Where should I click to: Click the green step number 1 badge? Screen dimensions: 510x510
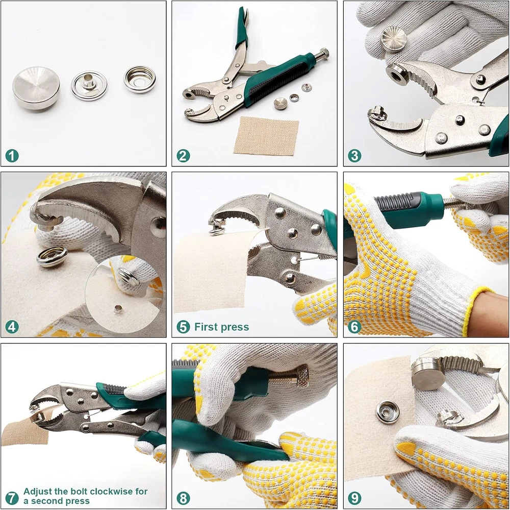(12, 156)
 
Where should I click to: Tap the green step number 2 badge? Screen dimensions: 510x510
(183, 156)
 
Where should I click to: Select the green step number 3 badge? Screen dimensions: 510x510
(354, 156)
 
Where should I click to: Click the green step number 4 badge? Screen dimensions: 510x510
(12, 327)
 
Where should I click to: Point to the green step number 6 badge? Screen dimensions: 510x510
(354, 327)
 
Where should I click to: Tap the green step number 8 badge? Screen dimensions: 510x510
(183, 498)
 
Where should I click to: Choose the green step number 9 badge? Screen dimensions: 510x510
(354, 498)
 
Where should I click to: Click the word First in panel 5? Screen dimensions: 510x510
(206, 327)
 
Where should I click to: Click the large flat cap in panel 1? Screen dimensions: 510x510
(36, 88)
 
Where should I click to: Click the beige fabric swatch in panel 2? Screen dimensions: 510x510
(266, 135)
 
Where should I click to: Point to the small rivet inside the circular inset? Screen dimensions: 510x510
(118, 309)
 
